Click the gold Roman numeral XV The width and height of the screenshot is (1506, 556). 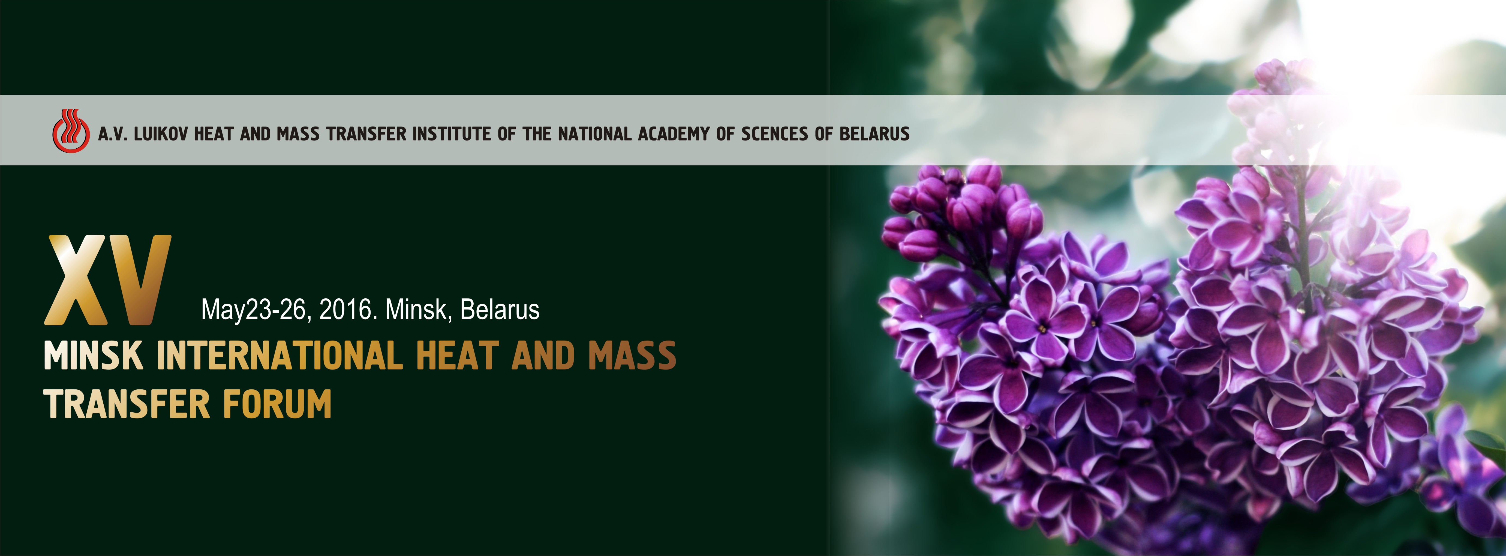108,280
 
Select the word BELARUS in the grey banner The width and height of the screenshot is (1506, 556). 874,134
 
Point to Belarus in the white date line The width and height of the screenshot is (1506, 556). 500,309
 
